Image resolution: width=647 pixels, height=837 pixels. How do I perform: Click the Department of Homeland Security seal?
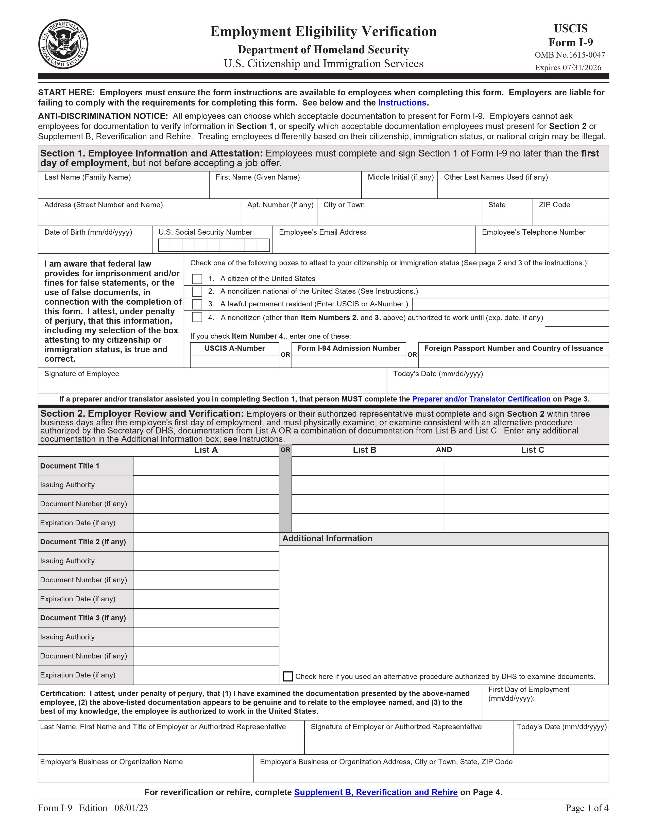tap(63, 44)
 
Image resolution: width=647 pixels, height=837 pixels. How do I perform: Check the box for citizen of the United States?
tap(197, 278)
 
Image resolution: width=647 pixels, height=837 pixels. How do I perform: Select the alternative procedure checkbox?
tap(287, 676)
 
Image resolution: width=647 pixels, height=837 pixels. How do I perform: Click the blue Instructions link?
tap(402, 103)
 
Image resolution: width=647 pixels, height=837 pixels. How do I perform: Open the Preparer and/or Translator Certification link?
tap(481, 399)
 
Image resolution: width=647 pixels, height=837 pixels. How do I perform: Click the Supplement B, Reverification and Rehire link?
tap(376, 792)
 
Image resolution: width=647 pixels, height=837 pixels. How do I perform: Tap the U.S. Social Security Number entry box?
tap(214, 245)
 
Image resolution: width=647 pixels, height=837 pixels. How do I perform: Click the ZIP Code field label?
tap(554, 205)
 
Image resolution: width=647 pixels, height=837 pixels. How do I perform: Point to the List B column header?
tap(365, 450)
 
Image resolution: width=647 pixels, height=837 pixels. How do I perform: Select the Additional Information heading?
tap(327, 538)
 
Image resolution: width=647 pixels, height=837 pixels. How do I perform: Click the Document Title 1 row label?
tap(70, 466)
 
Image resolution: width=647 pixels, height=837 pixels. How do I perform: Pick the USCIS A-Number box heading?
tap(235, 348)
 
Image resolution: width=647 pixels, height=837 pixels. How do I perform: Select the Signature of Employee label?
tap(82, 374)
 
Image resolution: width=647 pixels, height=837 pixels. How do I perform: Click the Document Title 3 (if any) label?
tap(83, 618)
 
